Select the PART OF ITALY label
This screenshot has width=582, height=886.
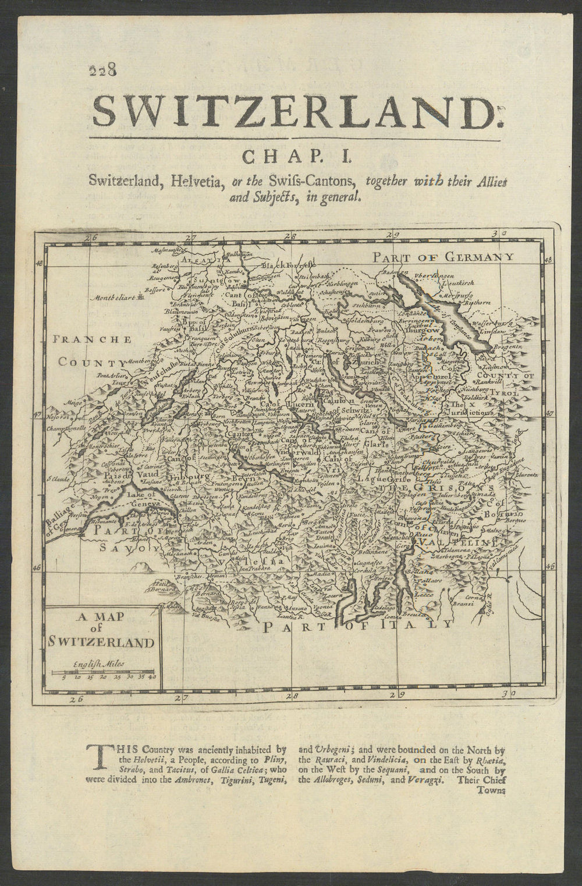tap(357, 626)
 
